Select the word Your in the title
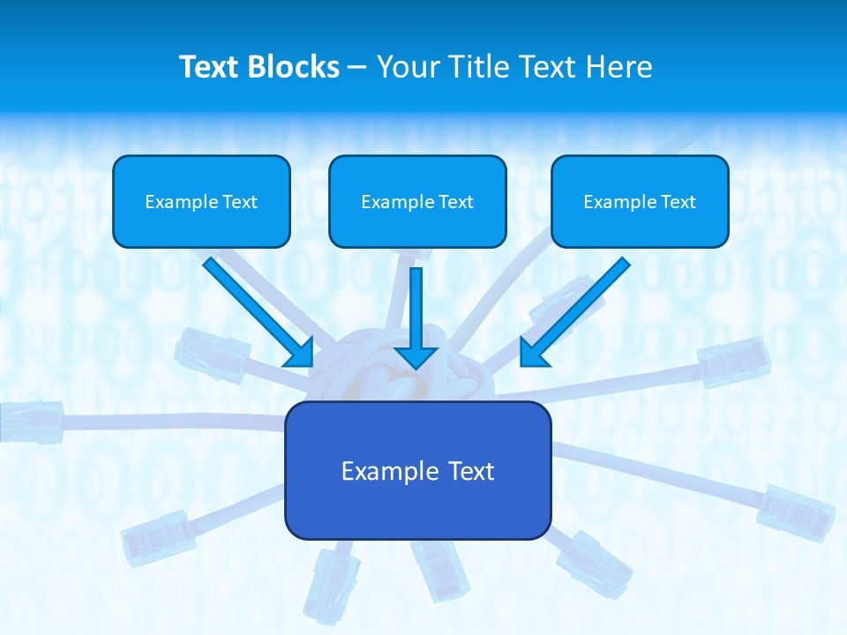[407, 67]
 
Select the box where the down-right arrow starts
[201, 201]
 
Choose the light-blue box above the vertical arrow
[417, 201]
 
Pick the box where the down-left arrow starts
[640, 201]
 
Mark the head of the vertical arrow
[416, 356]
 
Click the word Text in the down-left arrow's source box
[678, 202]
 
